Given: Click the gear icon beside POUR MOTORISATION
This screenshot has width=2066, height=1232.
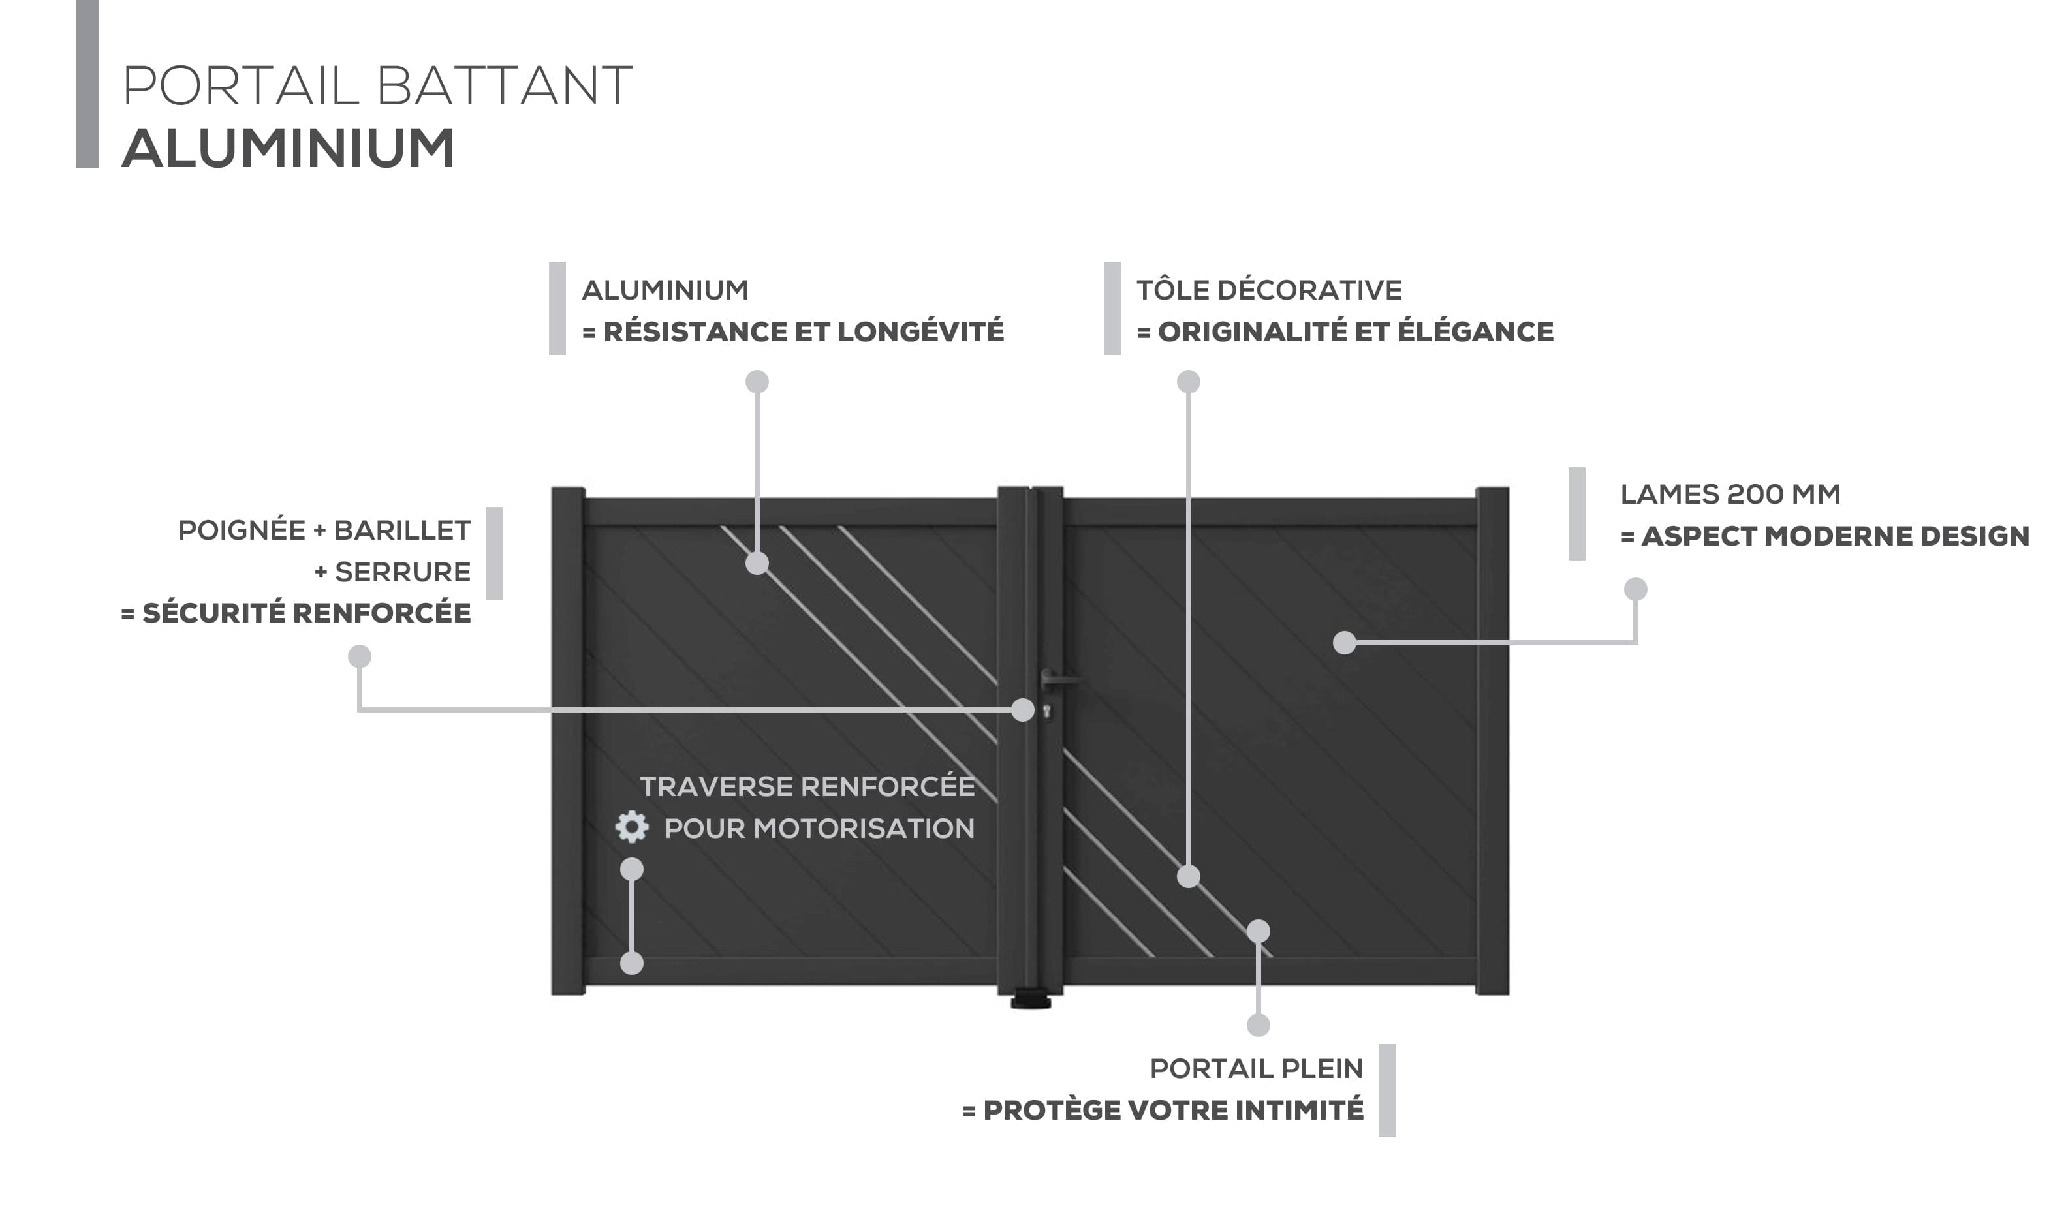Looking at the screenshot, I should pos(632,827).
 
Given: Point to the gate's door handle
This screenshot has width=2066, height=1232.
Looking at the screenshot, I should pos(1058,680).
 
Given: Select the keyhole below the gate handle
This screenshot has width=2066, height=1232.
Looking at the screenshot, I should pos(1047,711).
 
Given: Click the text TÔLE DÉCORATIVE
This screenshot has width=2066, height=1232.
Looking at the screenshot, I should pos(1269,290).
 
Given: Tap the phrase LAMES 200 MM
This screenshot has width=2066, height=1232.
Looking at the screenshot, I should pos(1730,495).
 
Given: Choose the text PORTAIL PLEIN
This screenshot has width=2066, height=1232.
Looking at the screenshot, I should pos(1257,1070).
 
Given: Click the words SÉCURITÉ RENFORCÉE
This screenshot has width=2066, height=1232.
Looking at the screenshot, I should pos(306,613).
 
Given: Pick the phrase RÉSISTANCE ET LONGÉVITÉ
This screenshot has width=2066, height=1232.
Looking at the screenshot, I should pos(803,332).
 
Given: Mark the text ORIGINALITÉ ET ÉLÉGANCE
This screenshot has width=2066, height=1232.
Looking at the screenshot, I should pos(1355,332).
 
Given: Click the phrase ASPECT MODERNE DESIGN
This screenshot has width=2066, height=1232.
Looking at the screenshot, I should pos(1835,536).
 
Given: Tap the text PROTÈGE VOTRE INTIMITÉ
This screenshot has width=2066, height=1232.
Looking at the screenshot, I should pos(1172,1111).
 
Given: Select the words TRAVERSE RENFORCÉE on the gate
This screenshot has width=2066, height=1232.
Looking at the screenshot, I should pos(807,787).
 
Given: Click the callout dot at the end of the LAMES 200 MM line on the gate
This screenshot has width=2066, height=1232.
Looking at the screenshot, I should pos(1345,643).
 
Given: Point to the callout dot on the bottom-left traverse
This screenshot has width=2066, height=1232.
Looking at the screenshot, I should pos(632,963).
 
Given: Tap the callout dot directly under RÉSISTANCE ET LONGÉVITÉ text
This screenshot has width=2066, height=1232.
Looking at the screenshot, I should pos(757,382).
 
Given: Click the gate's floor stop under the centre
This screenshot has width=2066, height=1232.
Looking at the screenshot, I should pos(1031,1001).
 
